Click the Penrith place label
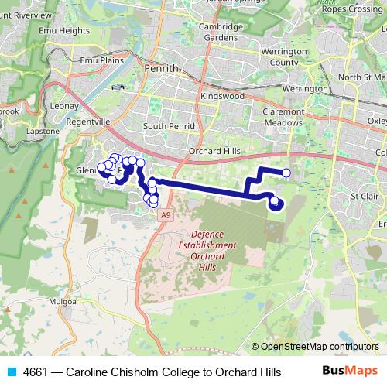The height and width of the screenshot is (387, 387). [x=161, y=69]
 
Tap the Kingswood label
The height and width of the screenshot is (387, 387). [x=223, y=96]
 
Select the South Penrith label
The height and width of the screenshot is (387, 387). [x=170, y=125]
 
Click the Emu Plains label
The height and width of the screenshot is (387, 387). [x=98, y=60]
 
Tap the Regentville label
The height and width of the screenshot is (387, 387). [x=90, y=122]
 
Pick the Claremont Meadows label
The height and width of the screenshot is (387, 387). [x=286, y=116]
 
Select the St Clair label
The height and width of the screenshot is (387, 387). [x=363, y=196]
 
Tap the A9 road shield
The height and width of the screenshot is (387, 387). [x=166, y=217]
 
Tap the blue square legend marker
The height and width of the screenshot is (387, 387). [x=9, y=372]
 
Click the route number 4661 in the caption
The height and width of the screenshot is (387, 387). [x=36, y=372]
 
